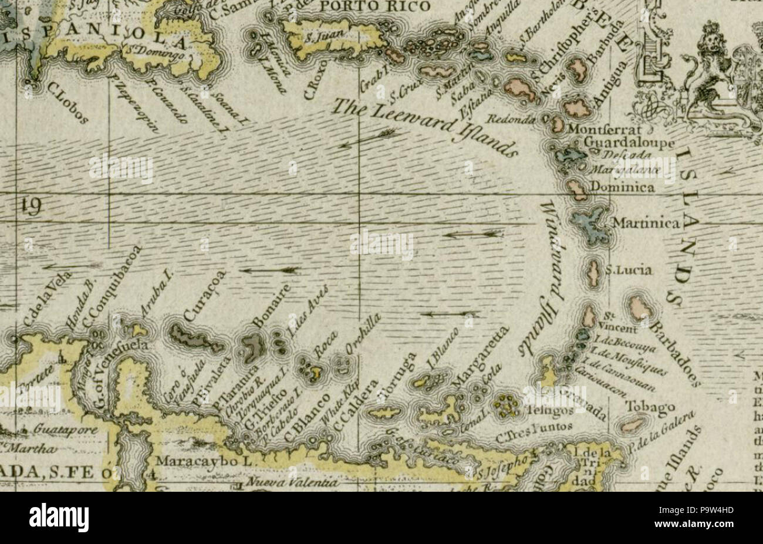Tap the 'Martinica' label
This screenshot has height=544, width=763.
tap(646, 224)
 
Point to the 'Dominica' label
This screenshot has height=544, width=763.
tap(622, 188)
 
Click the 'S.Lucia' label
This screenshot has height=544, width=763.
tap(629, 271)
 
